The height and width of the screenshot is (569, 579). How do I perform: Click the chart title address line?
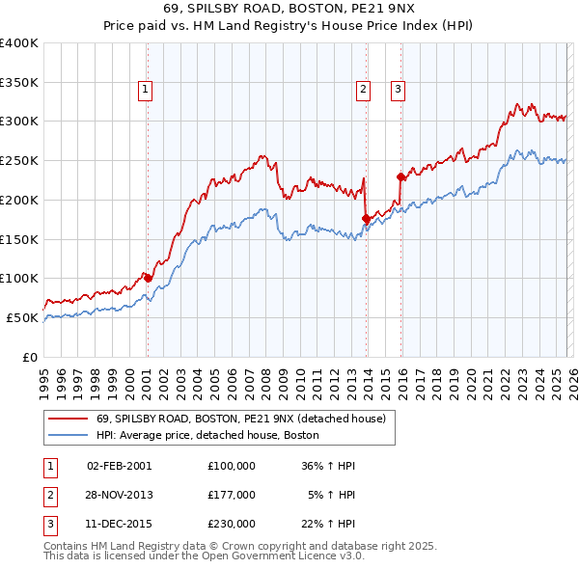click(289, 11)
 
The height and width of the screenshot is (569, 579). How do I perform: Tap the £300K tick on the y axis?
click(19, 122)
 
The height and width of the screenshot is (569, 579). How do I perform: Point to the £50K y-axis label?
click(22, 317)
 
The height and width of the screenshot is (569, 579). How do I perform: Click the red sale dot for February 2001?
click(148, 278)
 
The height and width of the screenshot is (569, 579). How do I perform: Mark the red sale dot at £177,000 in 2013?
click(365, 218)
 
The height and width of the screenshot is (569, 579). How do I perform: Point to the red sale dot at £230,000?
click(400, 176)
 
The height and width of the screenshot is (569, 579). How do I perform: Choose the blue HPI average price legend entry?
click(207, 435)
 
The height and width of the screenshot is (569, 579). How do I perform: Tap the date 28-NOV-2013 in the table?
click(120, 495)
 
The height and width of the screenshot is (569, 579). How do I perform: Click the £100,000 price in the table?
click(232, 466)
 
